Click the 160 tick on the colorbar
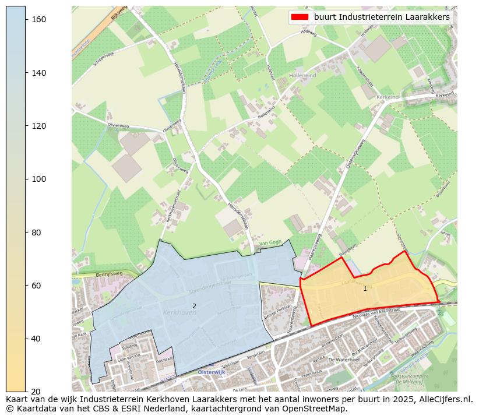pyautogui.click(x=26, y=19)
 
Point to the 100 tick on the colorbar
pyautogui.click(x=26, y=179)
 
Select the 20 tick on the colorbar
pyautogui.click(x=26, y=391)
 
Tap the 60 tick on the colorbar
pyautogui.click(x=26, y=285)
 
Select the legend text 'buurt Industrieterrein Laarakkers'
pyautogui.click(x=382, y=17)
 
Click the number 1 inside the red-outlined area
pyautogui.click(x=365, y=288)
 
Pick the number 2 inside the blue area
pyautogui.click(x=194, y=306)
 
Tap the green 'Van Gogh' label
pyautogui.click(x=270, y=242)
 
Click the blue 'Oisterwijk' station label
pyautogui.click(x=211, y=372)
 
